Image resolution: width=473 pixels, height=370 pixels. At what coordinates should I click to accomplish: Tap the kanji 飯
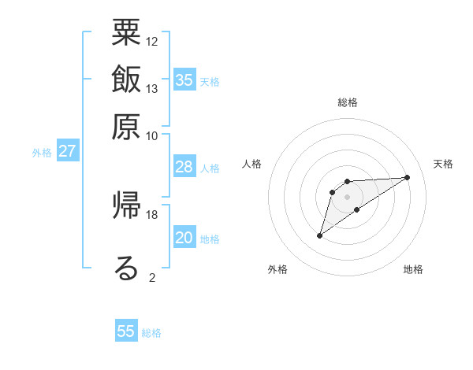(127, 79)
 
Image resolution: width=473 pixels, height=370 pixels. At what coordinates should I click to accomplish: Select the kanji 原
(127, 125)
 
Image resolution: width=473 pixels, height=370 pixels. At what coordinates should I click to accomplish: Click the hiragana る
(127, 268)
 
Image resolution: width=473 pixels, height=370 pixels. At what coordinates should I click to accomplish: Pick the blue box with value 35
(184, 80)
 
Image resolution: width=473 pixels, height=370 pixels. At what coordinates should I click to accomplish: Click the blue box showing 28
(184, 167)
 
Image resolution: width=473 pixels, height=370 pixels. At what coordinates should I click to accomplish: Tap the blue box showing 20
(184, 238)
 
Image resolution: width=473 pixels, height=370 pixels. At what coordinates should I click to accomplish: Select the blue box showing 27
(68, 151)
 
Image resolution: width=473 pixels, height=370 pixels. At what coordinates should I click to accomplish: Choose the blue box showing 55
(126, 331)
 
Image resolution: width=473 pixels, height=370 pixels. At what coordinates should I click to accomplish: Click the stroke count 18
(152, 214)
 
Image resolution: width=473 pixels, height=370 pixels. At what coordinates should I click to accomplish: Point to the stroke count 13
(152, 88)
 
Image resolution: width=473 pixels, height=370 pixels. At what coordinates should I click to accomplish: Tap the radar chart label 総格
(348, 102)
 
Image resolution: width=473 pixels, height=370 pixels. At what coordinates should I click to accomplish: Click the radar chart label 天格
(443, 164)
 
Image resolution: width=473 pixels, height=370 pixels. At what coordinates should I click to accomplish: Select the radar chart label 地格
(413, 270)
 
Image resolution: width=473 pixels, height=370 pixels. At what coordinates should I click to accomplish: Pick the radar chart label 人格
(252, 164)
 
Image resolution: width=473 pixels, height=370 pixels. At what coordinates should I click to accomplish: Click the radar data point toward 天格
(408, 177)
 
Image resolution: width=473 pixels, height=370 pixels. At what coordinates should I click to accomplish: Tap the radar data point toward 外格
(319, 235)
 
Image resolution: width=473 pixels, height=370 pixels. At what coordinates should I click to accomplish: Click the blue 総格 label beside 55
(151, 333)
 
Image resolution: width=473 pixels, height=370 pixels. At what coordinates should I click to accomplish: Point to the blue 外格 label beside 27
(42, 153)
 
